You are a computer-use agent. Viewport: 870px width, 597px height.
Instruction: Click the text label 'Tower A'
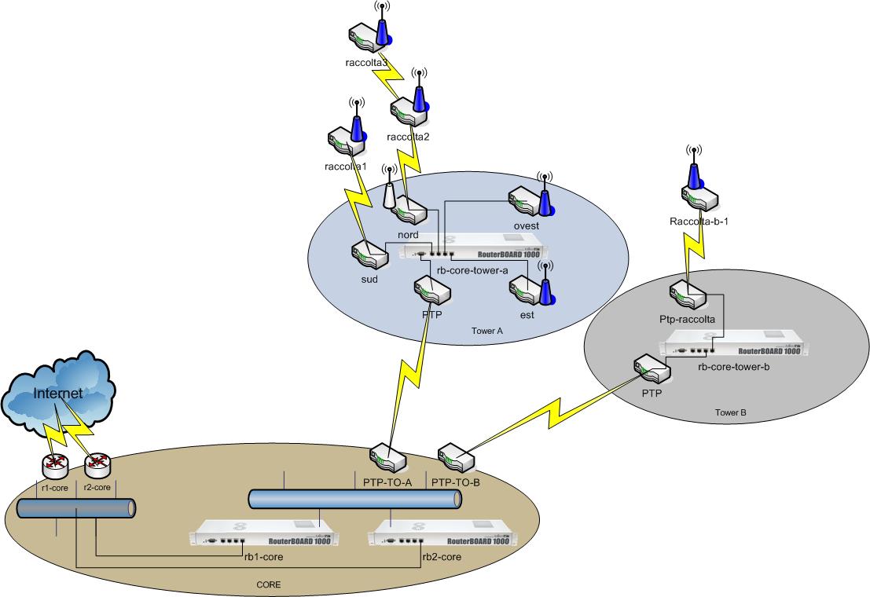(486, 331)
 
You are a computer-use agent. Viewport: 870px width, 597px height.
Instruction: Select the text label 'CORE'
(269, 585)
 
